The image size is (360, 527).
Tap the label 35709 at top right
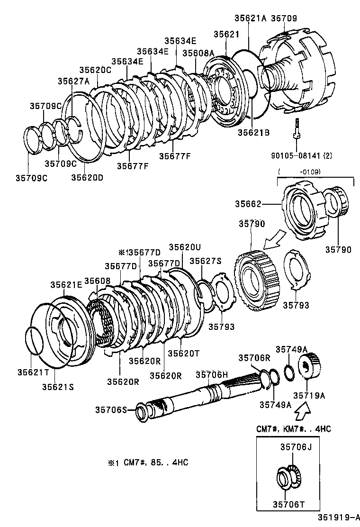(284, 18)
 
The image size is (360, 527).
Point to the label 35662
(248, 204)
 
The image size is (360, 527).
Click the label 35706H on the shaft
(212, 375)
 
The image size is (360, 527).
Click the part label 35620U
(185, 246)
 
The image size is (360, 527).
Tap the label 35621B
(253, 133)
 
